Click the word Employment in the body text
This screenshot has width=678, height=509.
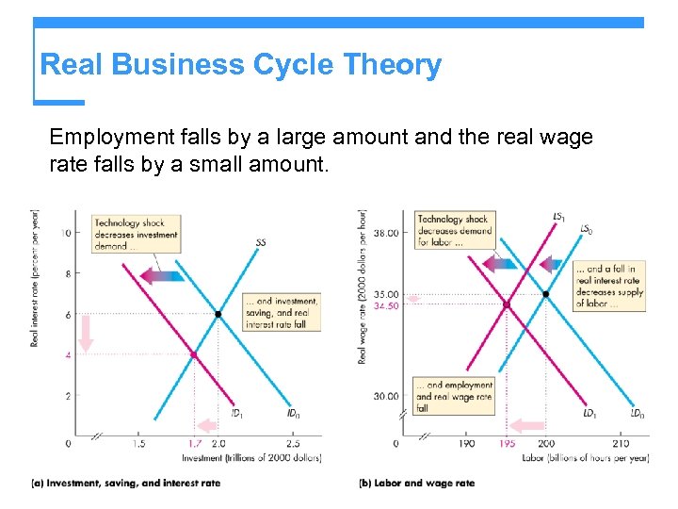[x=105, y=138]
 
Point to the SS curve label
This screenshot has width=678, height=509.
[x=261, y=242]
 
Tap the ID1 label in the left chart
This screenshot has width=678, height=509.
[x=239, y=413]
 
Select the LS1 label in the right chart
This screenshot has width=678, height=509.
[x=559, y=218]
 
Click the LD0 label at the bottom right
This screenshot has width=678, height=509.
[x=637, y=413]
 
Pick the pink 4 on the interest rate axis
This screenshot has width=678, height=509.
[x=67, y=355]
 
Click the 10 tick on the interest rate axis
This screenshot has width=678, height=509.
[x=66, y=233]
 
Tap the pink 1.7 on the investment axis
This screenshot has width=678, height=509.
[x=194, y=443]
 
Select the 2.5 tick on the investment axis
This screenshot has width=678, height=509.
[x=293, y=443]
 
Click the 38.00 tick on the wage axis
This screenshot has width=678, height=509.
[x=386, y=232]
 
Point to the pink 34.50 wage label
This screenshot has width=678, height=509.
[x=386, y=305]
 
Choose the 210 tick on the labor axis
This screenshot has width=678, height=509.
[x=621, y=443]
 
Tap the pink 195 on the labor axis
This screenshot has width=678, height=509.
[x=507, y=443]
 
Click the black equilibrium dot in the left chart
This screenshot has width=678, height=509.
[x=218, y=314]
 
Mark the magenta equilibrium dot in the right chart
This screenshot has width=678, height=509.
[x=506, y=304]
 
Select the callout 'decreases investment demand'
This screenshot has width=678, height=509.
[x=136, y=235]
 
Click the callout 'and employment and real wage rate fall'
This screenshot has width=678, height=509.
[x=454, y=397]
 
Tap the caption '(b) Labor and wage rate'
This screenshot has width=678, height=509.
[x=416, y=484]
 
